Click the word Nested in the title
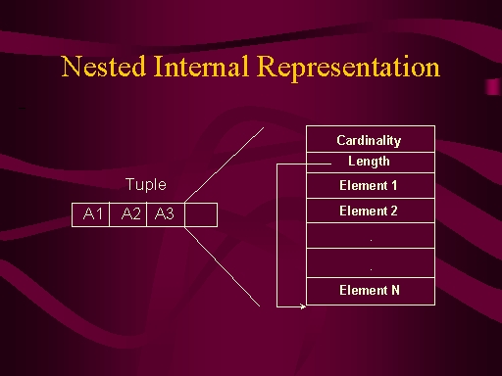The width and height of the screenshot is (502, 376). [103, 67]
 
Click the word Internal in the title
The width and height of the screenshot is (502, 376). [201, 67]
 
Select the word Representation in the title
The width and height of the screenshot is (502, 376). [348, 69]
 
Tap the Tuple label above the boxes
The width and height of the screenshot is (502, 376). [146, 185]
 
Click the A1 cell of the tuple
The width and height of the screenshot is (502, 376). [90, 214]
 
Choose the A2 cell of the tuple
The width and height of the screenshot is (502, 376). [128, 214]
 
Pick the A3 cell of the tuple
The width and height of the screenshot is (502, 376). [166, 214]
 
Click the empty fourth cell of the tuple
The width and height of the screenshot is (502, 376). [201, 214]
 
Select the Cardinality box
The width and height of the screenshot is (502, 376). [371, 139]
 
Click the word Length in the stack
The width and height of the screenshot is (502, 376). [369, 162]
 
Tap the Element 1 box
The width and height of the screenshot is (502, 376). [371, 185]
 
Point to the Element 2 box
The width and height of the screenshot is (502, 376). [371, 211]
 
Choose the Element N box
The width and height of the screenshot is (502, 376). [371, 291]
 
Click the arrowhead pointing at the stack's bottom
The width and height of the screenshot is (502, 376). [303, 306]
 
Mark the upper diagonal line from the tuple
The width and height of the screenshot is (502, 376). [225, 164]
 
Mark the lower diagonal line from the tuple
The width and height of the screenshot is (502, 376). [223, 266]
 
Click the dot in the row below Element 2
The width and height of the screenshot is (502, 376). [371, 240]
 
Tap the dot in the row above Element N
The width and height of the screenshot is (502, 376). [371, 269]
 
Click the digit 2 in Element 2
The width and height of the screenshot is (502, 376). [394, 211]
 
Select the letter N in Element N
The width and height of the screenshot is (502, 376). [395, 290]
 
